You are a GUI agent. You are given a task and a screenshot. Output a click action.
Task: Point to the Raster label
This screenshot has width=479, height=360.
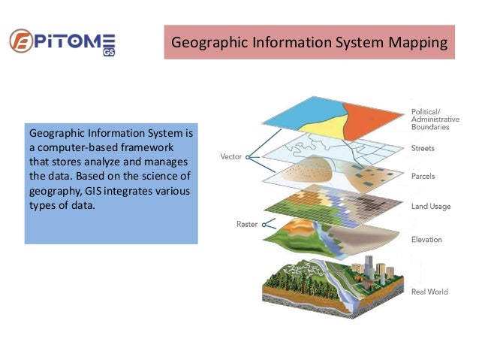point(247,224)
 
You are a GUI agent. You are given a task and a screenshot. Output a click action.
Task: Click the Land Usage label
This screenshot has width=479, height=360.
point(432,205)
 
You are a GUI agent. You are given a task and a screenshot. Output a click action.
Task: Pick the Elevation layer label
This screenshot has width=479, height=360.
point(427,240)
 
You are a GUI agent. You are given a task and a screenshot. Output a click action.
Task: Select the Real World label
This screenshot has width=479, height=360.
point(430,292)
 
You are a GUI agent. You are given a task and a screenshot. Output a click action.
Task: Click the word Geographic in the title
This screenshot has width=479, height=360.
point(206,42)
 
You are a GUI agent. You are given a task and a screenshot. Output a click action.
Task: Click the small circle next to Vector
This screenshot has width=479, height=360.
point(247,158)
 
